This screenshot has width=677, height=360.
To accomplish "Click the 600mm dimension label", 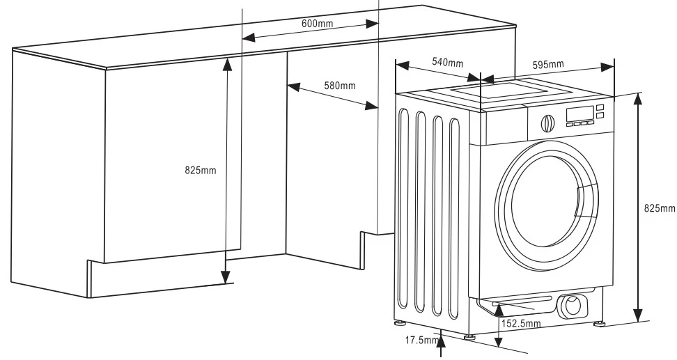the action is point(318,23).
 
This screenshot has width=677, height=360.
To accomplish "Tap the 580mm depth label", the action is point(340,86).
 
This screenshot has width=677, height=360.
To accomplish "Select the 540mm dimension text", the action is point(448,63).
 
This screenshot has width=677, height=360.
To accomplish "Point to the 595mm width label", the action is point(548,65).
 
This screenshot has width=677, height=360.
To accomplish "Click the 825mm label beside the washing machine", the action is point(660,208).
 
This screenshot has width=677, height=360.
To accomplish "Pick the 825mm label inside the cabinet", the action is point(201,170).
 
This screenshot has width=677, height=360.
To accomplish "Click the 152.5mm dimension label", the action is point(521,323).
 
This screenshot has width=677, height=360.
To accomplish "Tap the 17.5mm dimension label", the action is point(421,340).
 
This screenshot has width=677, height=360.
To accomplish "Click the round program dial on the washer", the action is point(548,123).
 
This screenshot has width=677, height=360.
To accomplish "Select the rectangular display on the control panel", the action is point(579,114).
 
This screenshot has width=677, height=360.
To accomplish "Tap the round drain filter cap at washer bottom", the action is point(573,306).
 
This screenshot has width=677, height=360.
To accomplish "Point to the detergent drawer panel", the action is point(504,126).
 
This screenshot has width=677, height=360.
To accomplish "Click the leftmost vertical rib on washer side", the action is point(403,208).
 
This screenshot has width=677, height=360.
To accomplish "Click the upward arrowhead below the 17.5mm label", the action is point(440,341).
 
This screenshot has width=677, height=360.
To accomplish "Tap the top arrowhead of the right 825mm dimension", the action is point(638,99).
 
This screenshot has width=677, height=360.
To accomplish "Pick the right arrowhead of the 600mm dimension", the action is point(372,24).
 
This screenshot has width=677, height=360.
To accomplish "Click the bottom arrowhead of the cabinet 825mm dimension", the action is point(226,277).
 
